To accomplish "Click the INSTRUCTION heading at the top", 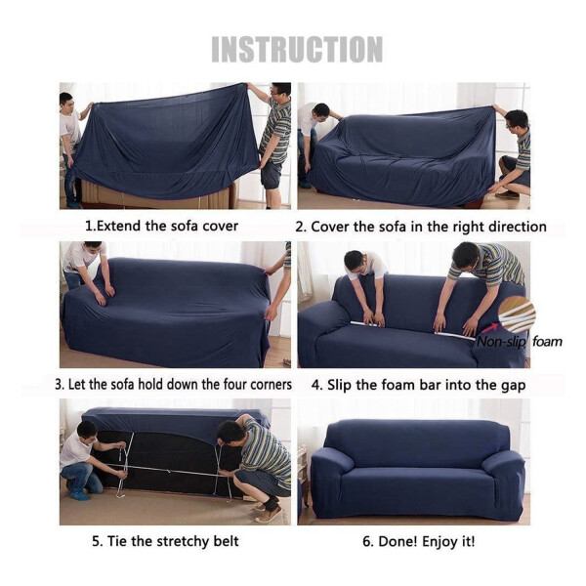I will (x=297, y=49).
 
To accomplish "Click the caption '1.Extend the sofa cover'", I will (x=161, y=226).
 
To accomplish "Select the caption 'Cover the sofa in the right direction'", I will (x=420, y=227).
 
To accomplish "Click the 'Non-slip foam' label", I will (x=519, y=342).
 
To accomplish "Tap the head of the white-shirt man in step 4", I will (x=356, y=262).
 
